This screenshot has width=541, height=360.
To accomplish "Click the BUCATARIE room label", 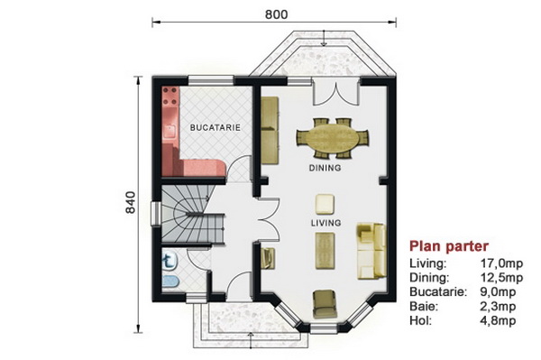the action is (215, 127).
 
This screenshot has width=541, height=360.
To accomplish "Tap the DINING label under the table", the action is (325, 168).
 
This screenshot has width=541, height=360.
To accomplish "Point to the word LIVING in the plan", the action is (326, 223).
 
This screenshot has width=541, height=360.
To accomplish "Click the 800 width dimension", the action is (276, 14).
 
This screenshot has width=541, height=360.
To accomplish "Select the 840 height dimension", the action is (131, 202).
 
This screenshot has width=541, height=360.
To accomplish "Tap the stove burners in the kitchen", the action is (170, 96).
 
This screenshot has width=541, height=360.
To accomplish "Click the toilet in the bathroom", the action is (170, 262).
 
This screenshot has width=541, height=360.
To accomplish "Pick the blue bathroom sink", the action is (170, 282).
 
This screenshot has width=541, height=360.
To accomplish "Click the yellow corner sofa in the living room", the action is (371, 251).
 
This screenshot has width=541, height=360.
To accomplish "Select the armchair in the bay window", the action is (325, 304).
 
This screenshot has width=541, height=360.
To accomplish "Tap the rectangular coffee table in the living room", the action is (325, 251).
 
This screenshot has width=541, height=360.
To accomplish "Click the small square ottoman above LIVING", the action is (325, 204).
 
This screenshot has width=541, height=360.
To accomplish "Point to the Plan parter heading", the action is (449, 246).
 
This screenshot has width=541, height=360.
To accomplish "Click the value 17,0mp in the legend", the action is (501, 263).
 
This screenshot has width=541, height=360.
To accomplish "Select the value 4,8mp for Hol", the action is (498, 320).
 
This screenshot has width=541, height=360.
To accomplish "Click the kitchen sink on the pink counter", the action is (170, 132).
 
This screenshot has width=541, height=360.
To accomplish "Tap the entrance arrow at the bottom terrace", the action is (251, 340).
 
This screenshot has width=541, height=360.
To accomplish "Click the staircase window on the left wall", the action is (156, 214).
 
